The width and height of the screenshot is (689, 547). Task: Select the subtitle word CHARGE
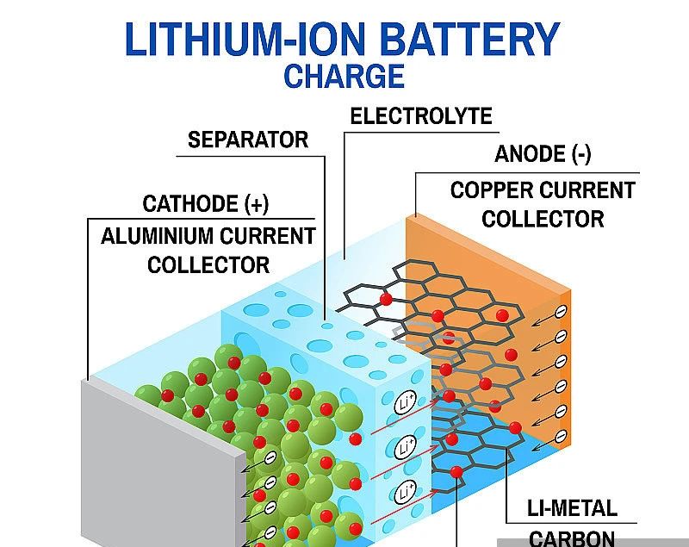(344, 77)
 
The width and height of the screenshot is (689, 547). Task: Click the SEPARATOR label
(248, 140)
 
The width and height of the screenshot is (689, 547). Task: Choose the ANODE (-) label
(543, 155)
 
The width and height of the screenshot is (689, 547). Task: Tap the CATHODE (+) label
(206, 204)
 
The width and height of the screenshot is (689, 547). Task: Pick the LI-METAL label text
(572, 508)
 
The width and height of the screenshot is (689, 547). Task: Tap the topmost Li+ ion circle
(406, 403)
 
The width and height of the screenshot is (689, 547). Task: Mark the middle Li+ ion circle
(406, 448)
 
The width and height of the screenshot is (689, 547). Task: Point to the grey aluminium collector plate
(164, 465)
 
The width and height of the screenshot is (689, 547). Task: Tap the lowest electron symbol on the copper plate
(561, 434)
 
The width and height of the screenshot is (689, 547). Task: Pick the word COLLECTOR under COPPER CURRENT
(543, 219)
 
